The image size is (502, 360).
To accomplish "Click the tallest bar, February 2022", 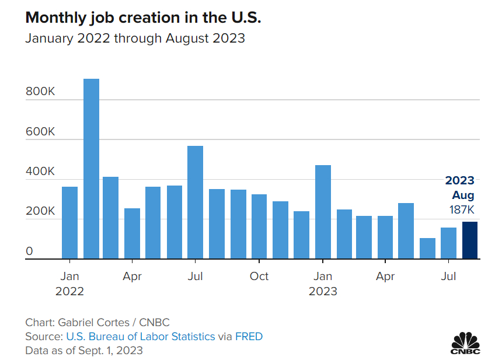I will (x=91, y=169).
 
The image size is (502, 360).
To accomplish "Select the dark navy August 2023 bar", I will (x=470, y=240).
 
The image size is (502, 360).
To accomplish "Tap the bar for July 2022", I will (x=195, y=202).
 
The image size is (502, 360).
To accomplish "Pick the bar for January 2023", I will (x=323, y=212).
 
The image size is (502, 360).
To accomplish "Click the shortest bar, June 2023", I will (x=427, y=249).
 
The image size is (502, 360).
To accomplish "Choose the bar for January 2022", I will (x=70, y=222).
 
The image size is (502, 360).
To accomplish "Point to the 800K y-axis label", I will (x=40, y=92).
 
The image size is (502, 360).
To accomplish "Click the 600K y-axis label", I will (x=40, y=132).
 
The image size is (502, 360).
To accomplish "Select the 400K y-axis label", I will (x=40, y=172).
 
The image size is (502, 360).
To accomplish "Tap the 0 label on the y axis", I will (x=29, y=252).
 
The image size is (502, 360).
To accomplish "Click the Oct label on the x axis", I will (x=259, y=276).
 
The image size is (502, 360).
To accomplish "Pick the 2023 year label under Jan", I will (x=323, y=291).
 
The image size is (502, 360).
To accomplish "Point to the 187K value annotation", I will (x=462, y=209).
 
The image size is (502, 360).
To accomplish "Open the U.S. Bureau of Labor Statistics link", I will (x=141, y=337).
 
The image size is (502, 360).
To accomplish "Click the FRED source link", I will (x=249, y=337).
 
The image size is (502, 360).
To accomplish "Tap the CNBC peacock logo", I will (x=465, y=342).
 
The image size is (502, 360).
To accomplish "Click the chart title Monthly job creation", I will (x=143, y=18).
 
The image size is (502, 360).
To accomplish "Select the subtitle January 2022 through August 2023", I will (x=135, y=39).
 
